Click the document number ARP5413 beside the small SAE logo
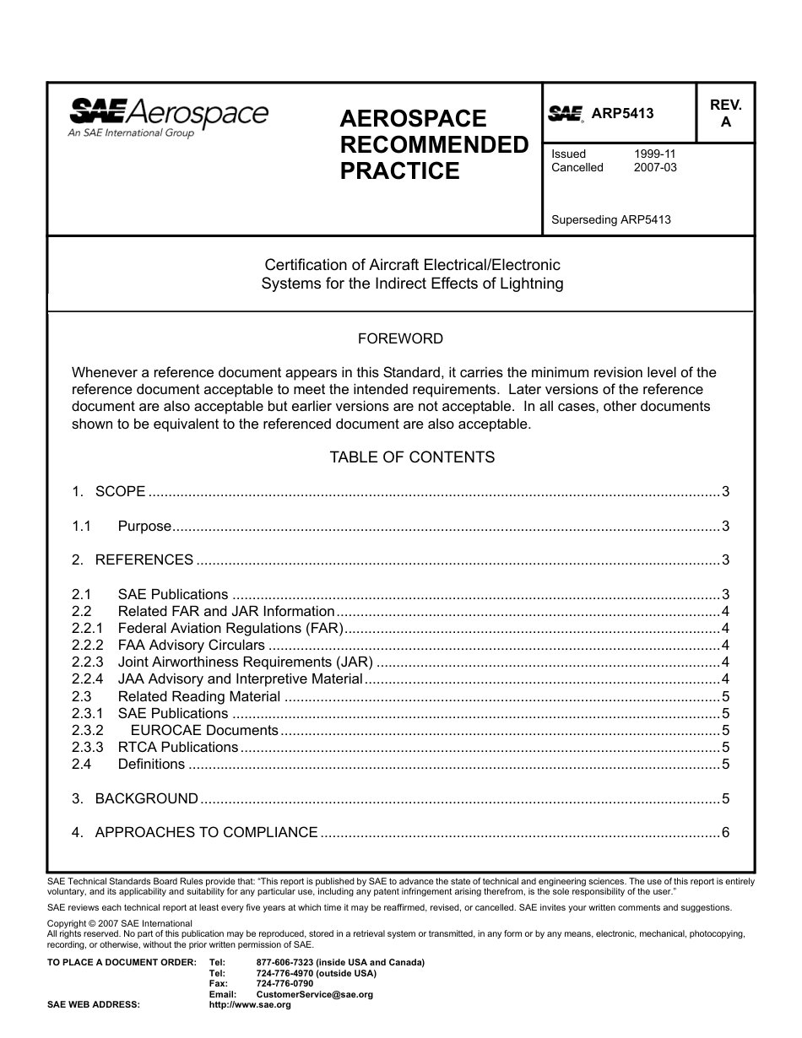pyautogui.click(x=622, y=114)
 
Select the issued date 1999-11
pyautogui.click(x=654, y=154)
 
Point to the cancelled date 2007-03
pyautogui.click(x=654, y=167)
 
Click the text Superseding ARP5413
pyautogui.click(x=610, y=220)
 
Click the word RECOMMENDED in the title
pyautogui.click(x=434, y=145)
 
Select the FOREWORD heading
pyautogui.click(x=400, y=338)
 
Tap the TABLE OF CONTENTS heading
pyautogui.click(x=412, y=457)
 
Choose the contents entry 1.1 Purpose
pyautogui.click(x=144, y=527)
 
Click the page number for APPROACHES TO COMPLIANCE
pyautogui.click(x=725, y=833)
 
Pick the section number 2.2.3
pyautogui.click(x=87, y=662)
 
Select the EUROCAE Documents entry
pyautogui.click(x=203, y=731)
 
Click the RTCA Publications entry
pyautogui.click(x=178, y=748)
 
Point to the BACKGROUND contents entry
pyautogui.click(x=146, y=798)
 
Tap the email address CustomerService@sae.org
pyautogui.click(x=314, y=995)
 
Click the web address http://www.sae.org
pyautogui.click(x=250, y=1005)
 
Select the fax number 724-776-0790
pyautogui.click(x=284, y=984)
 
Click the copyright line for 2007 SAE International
pyautogui.click(x=120, y=924)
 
